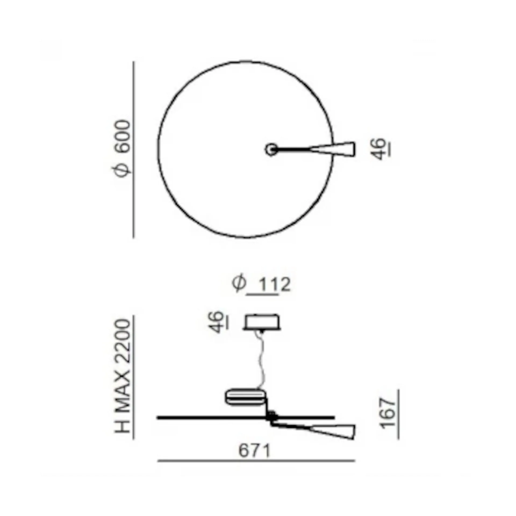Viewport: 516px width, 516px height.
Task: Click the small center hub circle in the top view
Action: click(271, 149)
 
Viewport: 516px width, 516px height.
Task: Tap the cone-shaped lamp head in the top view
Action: click(332, 149)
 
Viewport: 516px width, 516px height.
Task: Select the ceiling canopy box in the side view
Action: click(262, 322)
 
